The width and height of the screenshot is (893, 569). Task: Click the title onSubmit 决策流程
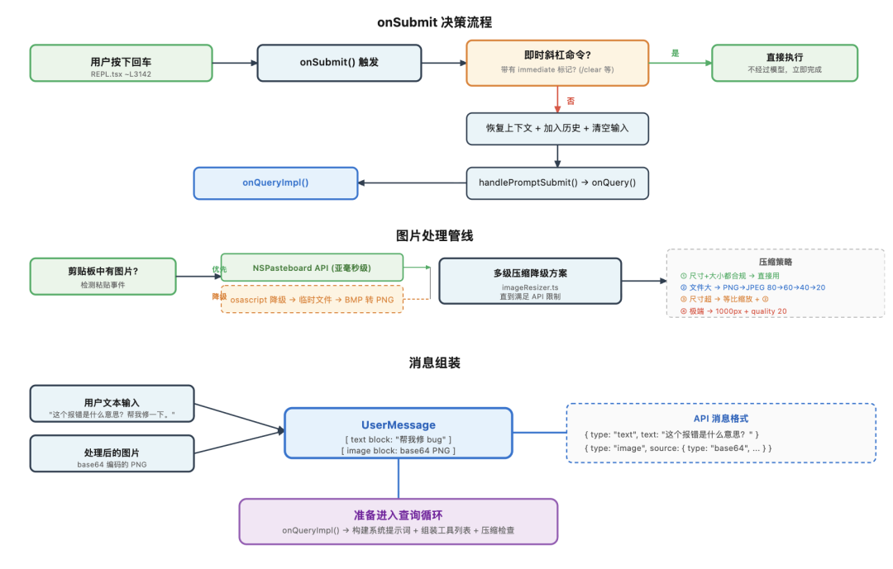(x=440, y=22)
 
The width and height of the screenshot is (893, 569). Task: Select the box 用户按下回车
(x=121, y=63)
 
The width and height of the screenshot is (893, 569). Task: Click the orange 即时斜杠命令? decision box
(x=557, y=63)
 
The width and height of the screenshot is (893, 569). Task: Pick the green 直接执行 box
(x=784, y=63)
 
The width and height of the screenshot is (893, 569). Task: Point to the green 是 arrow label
(x=675, y=53)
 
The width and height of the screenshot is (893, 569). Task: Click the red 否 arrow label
(x=571, y=101)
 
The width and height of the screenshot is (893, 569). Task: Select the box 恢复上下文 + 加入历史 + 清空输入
(x=557, y=129)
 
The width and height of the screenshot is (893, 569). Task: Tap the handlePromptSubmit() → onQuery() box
(x=557, y=183)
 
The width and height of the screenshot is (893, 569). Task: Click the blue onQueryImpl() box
(x=275, y=183)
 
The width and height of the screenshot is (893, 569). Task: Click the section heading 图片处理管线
(x=435, y=235)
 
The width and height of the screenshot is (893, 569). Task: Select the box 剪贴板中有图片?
(x=103, y=277)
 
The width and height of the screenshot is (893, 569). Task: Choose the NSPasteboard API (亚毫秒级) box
(x=312, y=268)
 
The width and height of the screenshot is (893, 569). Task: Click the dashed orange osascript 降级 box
(x=312, y=299)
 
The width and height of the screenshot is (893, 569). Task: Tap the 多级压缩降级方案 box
(x=530, y=281)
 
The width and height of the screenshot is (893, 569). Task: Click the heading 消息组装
(x=435, y=363)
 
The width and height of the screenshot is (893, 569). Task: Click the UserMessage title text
(x=399, y=424)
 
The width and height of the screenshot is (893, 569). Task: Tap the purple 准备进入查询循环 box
(x=399, y=521)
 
